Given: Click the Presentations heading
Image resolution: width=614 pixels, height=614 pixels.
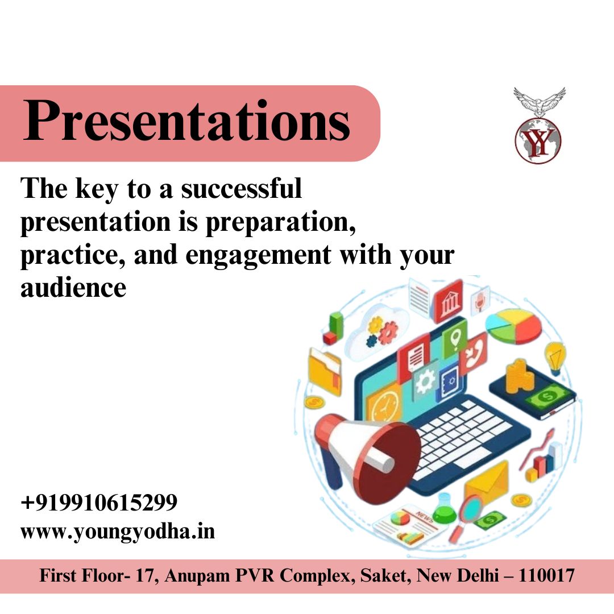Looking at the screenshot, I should tap(186, 121).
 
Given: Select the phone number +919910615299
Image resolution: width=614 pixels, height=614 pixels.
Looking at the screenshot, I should tap(99, 503).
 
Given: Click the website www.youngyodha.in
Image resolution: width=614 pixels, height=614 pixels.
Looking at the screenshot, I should tap(118, 533).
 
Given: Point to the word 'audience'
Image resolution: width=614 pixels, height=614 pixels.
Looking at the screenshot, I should tap(73, 288).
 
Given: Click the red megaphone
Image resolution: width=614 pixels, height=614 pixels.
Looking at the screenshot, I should tap(364, 449).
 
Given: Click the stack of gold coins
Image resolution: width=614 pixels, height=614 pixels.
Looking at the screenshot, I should tap(520, 375).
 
